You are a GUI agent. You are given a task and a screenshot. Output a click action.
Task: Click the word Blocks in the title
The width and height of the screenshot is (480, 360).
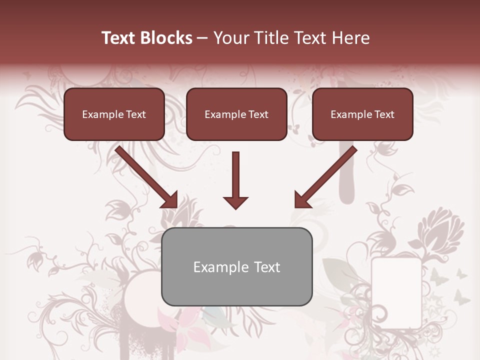[167, 38]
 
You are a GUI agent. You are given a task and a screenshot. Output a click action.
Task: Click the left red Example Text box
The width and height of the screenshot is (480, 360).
[114, 114]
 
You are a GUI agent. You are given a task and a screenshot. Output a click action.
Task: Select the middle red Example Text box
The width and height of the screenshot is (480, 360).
[236, 114]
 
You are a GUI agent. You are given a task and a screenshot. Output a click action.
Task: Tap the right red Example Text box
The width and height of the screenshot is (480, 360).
[362, 114]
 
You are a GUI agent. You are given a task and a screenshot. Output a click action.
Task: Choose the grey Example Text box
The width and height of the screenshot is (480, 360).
[236, 267]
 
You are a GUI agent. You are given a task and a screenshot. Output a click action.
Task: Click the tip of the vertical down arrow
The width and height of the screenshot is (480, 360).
[235, 207]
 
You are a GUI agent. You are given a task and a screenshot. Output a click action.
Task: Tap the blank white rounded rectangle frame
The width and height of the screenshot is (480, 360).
[396, 292]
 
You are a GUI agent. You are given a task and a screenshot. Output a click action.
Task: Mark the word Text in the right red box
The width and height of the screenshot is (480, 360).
[384, 114]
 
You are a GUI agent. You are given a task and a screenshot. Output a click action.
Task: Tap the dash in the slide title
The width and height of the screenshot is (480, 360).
[202, 38]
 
